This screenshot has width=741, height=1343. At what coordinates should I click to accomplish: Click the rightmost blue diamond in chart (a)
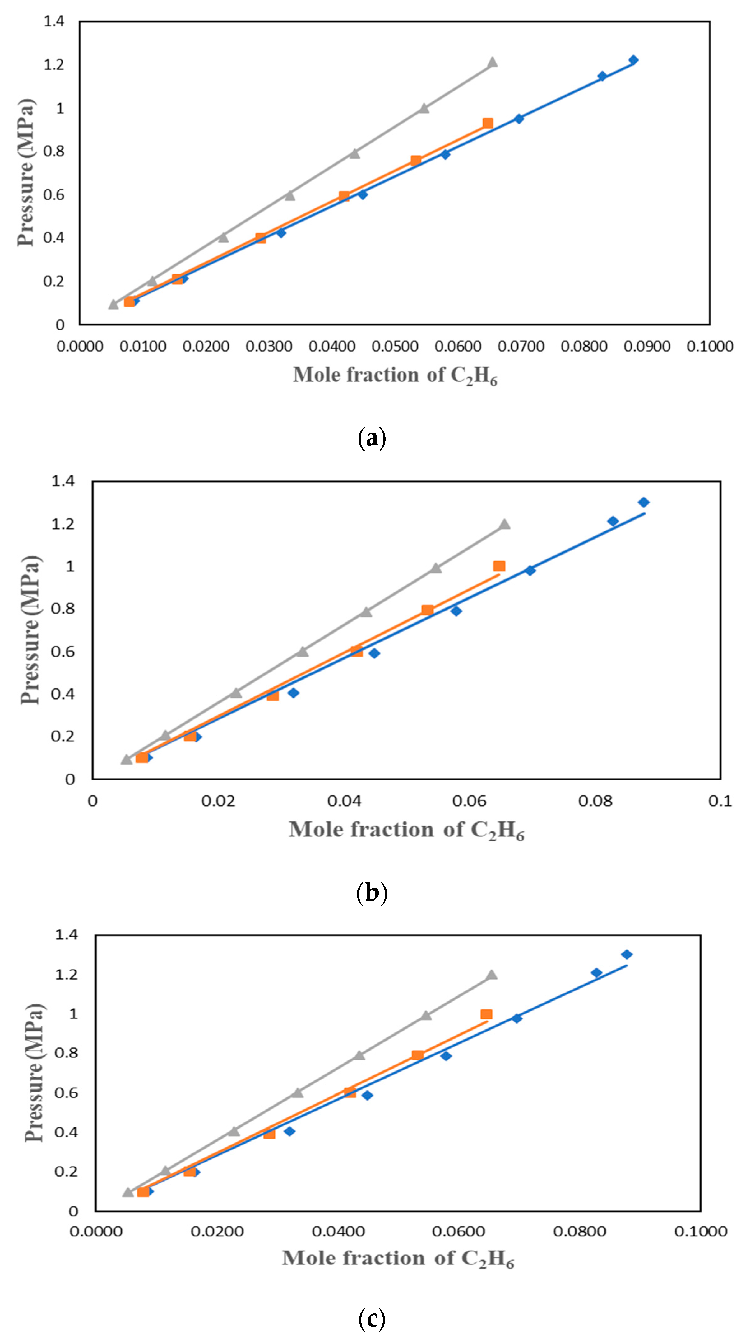(x=633, y=60)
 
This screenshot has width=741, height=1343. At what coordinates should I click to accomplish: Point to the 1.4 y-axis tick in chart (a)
(x=54, y=21)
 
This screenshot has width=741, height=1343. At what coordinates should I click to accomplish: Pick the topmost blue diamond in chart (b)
(x=644, y=502)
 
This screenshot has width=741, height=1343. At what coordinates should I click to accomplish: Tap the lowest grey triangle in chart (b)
(x=126, y=759)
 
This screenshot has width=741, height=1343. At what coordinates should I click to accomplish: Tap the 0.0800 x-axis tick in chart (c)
(x=579, y=1231)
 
